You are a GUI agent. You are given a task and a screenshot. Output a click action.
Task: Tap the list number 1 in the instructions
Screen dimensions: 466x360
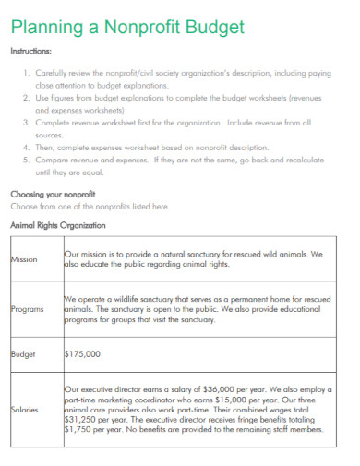point(25,71)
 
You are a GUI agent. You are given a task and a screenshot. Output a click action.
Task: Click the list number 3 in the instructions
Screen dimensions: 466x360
point(25,121)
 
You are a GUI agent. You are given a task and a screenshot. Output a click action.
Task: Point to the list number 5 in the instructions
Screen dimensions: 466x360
point(25,159)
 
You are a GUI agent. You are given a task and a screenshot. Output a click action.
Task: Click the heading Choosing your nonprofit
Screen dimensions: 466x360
point(54,195)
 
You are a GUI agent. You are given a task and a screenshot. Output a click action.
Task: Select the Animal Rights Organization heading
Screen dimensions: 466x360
point(57,224)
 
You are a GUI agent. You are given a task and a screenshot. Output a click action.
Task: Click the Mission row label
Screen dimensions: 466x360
point(24,259)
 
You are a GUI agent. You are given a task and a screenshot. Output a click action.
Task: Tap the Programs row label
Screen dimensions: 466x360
point(27,309)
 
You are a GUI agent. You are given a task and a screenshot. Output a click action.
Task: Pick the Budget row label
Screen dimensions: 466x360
point(22,353)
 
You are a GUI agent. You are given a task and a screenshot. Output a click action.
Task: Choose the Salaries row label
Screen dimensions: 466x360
point(24,409)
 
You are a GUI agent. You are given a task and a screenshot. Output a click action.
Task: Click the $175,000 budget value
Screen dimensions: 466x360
point(82,353)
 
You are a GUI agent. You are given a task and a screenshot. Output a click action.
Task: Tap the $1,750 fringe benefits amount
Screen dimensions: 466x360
point(79,429)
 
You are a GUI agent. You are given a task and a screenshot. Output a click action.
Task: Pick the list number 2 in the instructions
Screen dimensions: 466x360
point(25,96)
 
